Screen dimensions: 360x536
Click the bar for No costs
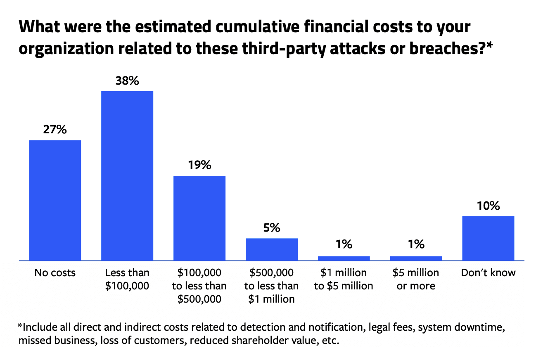pos(55,200)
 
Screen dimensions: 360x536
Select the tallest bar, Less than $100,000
pos(127,176)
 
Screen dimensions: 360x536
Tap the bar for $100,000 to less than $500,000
pos(199,218)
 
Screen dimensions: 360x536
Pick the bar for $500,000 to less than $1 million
pos(271,249)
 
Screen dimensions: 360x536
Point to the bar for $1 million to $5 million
pos(344,258)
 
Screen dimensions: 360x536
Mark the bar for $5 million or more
pos(416,258)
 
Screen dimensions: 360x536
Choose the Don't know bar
pos(488,238)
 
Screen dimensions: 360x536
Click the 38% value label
pos(127,81)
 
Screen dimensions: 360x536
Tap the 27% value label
pos(55,130)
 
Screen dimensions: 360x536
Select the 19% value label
pos(199,165)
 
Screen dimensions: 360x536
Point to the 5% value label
pos(271,227)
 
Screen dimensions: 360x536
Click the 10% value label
pos(488,205)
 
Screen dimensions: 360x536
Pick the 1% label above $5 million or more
pos(416,245)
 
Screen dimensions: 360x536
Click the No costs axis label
pos(55,273)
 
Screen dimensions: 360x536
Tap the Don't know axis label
pos(488,273)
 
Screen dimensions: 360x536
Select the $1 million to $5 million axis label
pos(344,279)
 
